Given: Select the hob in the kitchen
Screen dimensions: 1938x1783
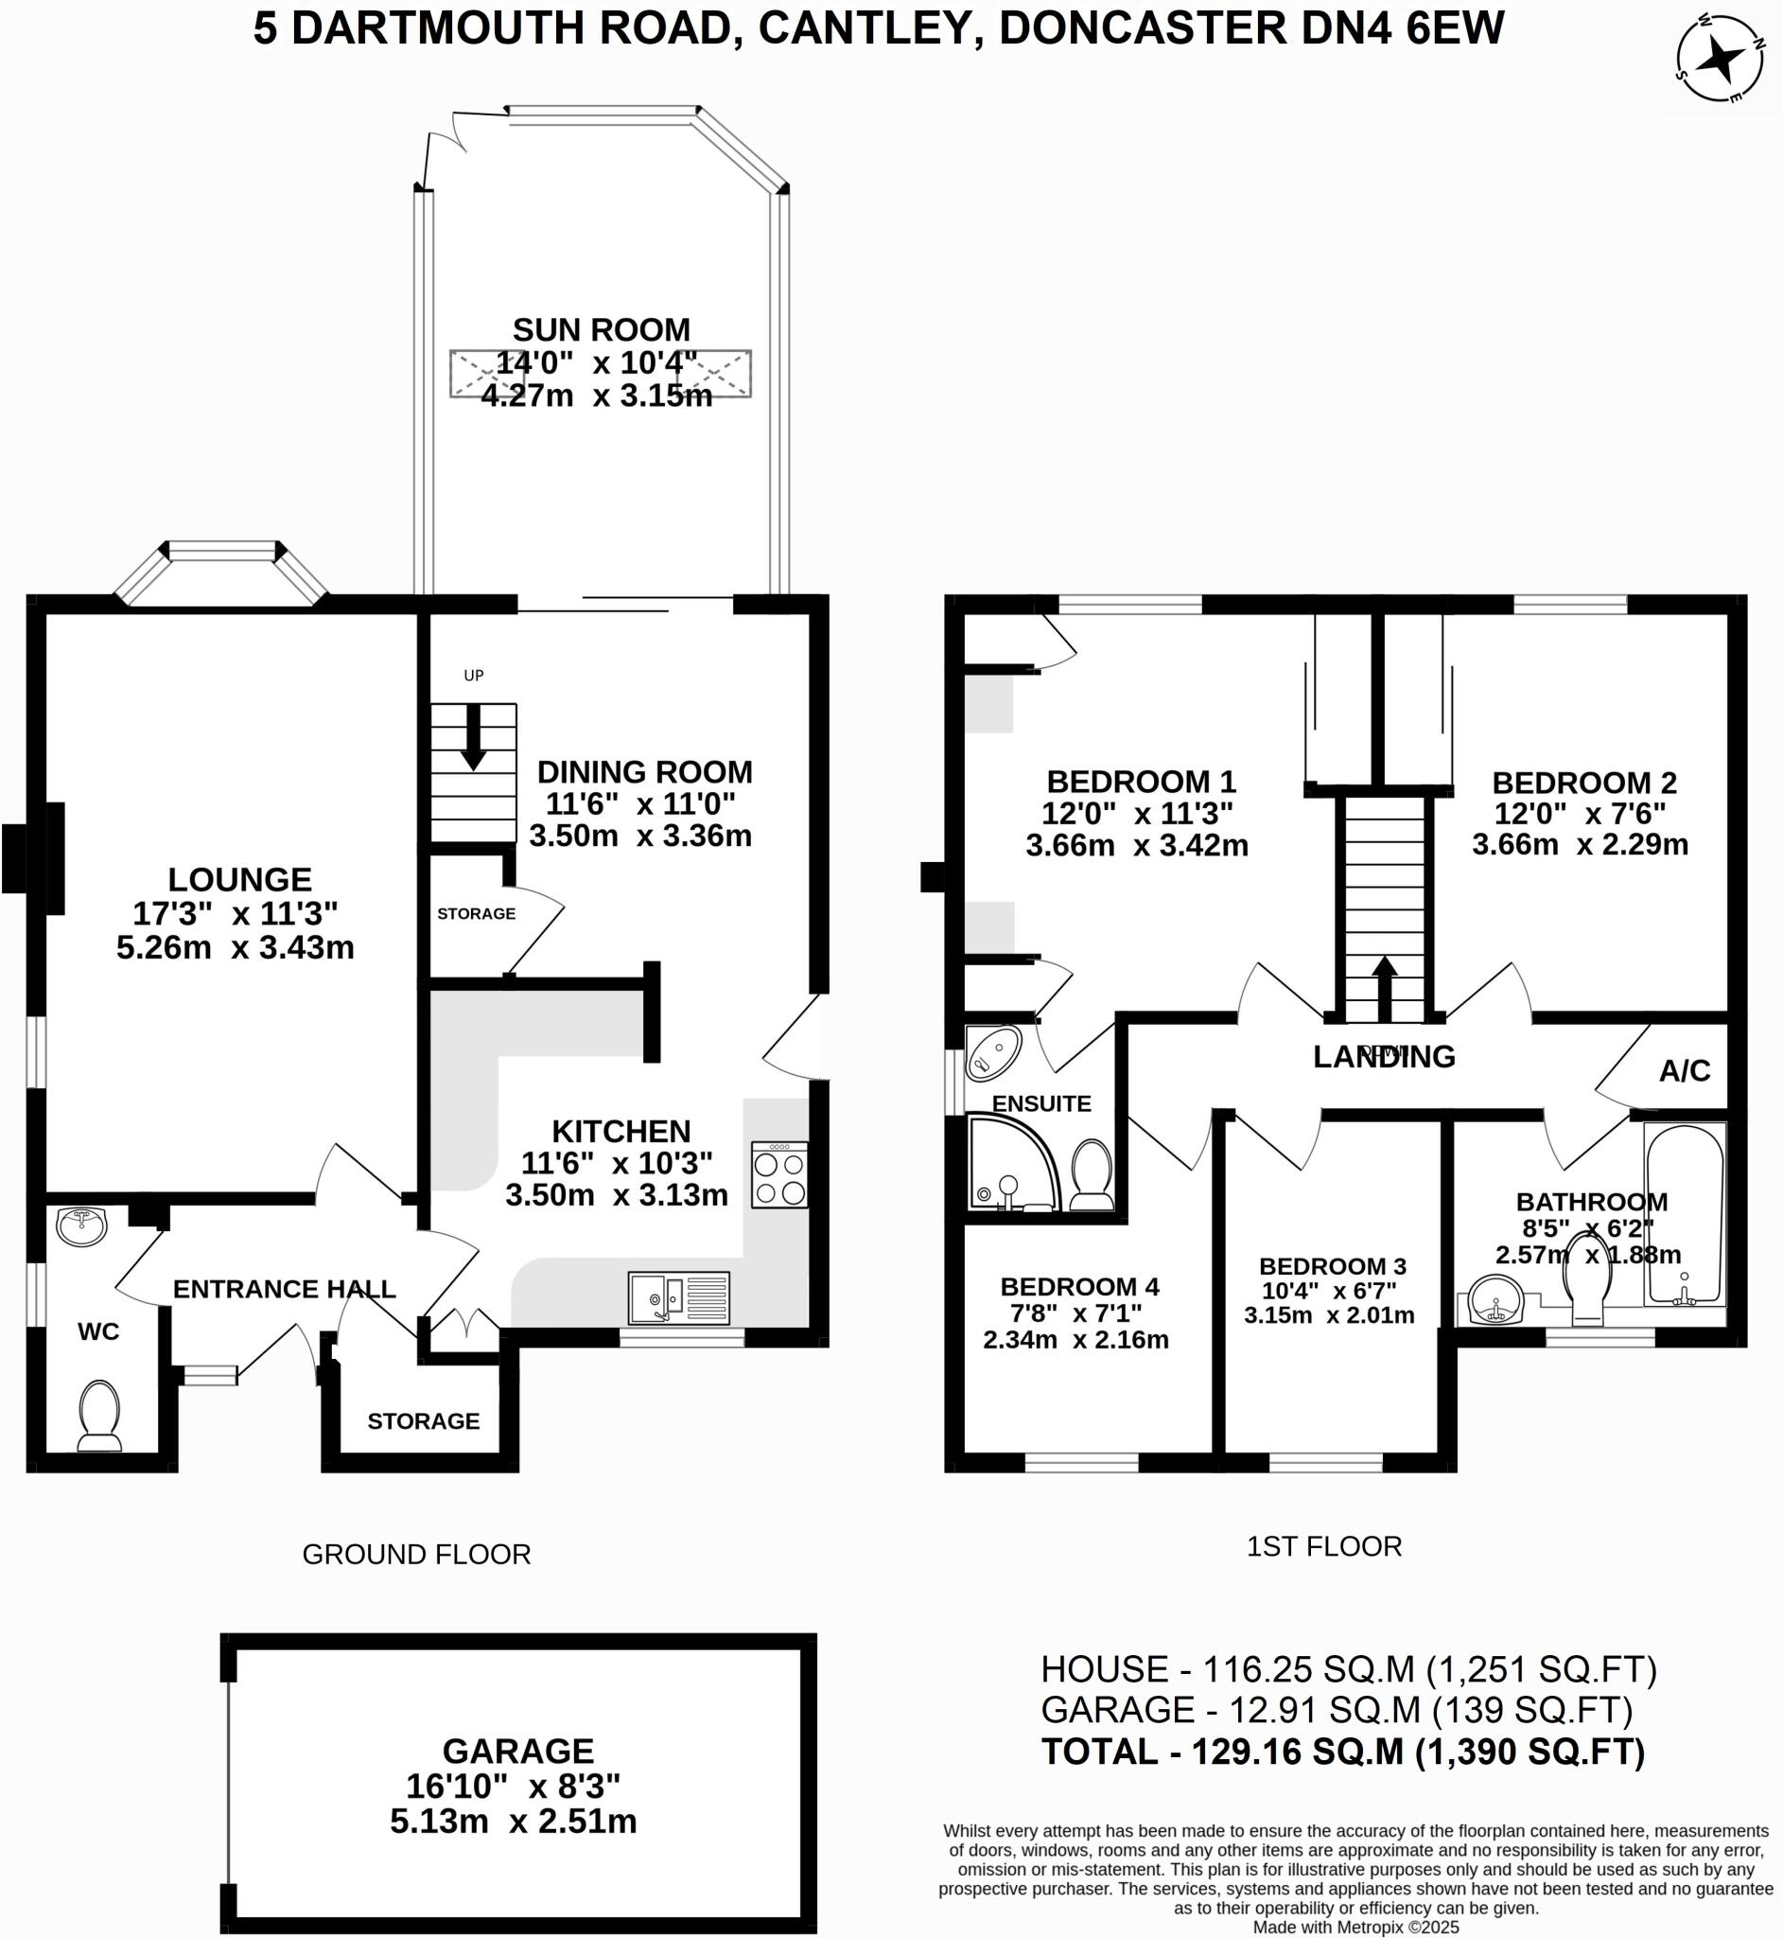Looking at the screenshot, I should point(779,1174).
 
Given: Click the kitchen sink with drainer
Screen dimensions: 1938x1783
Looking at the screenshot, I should point(678,1297).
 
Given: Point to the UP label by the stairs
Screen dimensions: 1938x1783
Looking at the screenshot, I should point(473,676).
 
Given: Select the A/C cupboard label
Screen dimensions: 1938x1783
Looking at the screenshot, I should point(1685,1070).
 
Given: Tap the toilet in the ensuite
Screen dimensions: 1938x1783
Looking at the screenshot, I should point(1093,1174).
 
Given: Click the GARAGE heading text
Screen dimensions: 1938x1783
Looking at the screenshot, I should point(518,1751).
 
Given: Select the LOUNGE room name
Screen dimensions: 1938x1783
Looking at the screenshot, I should point(239,879).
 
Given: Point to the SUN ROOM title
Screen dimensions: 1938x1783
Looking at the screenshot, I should point(600,330).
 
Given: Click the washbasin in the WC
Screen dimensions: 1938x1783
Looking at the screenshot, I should point(82,1226).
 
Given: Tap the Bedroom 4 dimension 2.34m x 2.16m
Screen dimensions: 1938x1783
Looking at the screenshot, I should point(1075,1340).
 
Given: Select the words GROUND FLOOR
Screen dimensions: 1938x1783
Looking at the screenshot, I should point(416,1554).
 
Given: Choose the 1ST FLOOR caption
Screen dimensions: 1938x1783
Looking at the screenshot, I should point(1323,1546).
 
